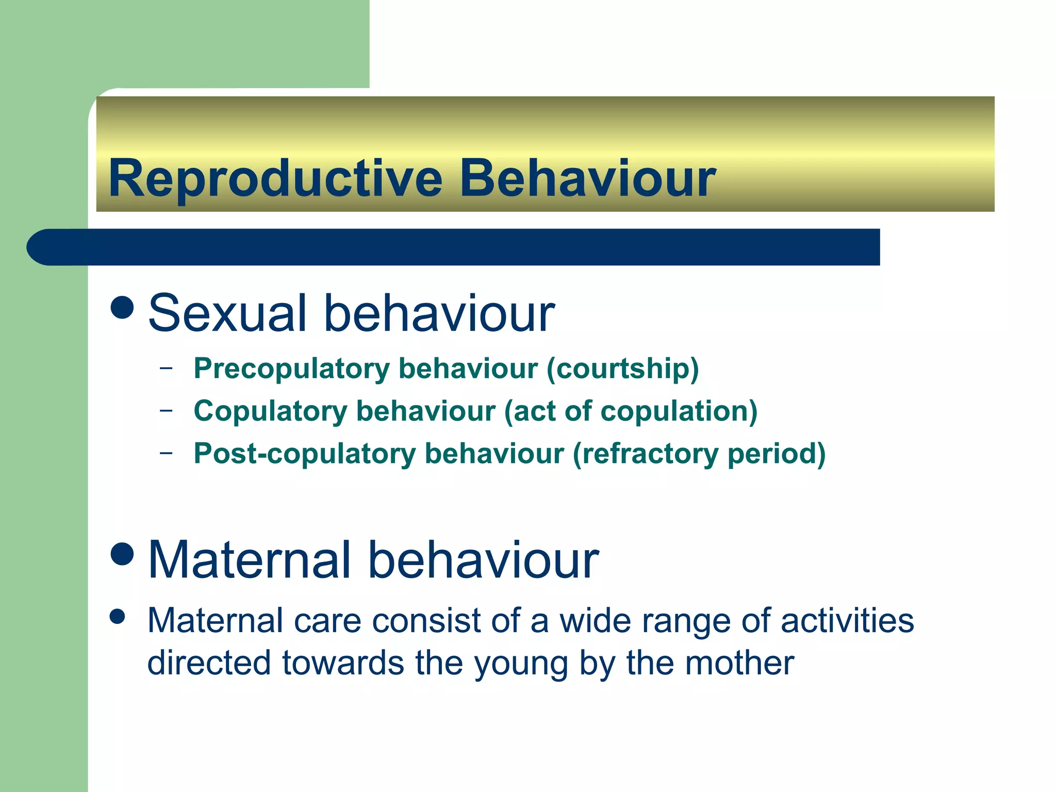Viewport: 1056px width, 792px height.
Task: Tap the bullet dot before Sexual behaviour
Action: pyautogui.click(x=122, y=307)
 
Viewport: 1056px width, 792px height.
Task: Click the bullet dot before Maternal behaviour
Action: pyautogui.click(x=122, y=554)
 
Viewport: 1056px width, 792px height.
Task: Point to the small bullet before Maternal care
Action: pyautogui.click(x=118, y=617)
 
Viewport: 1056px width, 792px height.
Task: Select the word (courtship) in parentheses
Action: pyautogui.click(x=622, y=369)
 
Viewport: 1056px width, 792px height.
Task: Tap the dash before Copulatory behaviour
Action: pyautogui.click(x=166, y=410)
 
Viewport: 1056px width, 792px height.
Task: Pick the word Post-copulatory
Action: pyautogui.click(x=304, y=454)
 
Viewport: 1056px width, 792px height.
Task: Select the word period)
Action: pyautogui.click(x=776, y=454)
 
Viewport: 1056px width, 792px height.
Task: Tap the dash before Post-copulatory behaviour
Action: pyautogui.click(x=166, y=453)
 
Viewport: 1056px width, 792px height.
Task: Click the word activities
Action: pyautogui.click(x=847, y=620)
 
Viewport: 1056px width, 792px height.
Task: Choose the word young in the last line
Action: pyautogui.click(x=521, y=664)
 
